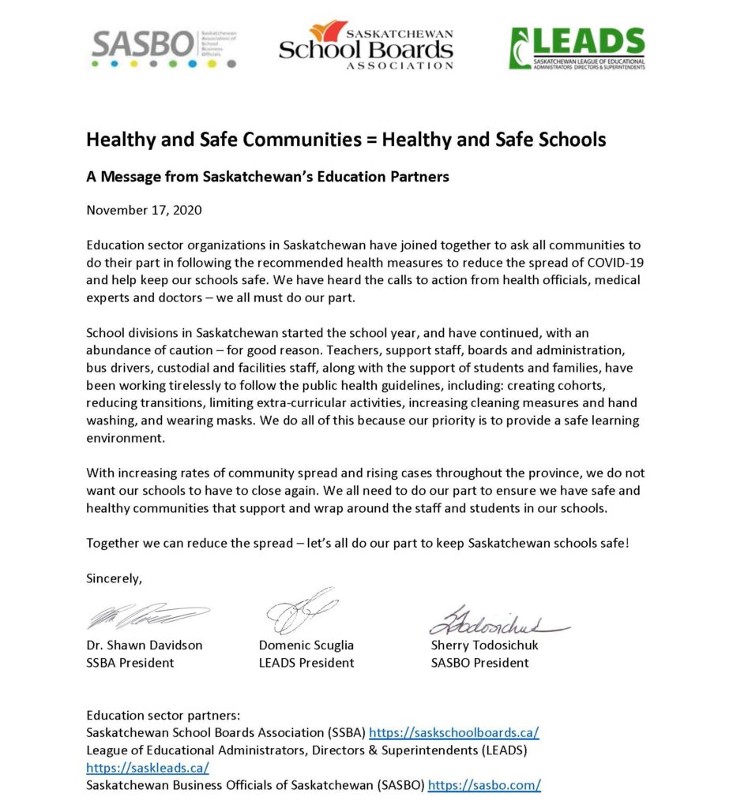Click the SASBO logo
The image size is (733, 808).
click(164, 49)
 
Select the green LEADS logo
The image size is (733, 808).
click(577, 48)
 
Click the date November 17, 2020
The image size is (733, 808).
click(144, 210)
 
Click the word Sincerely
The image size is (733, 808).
click(114, 578)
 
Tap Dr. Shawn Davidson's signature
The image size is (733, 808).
click(147, 616)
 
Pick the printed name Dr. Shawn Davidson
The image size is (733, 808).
click(144, 645)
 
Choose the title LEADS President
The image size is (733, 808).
click(306, 663)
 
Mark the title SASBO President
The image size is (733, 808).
click(479, 663)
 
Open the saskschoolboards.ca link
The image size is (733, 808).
click(454, 733)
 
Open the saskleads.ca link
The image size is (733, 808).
click(147, 768)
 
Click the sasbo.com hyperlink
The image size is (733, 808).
click(483, 785)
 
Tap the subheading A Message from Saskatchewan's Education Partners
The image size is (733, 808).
click(267, 177)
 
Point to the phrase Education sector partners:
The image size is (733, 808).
click(162, 716)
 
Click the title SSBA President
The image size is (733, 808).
click(130, 663)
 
